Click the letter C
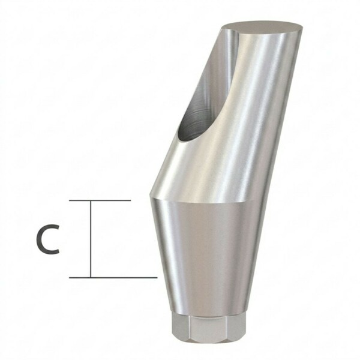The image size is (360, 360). pos(48,239)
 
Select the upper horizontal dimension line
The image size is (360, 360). pos(100,200)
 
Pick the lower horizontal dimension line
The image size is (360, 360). pos(113,278)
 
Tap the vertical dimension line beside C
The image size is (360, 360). pos(91,239)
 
